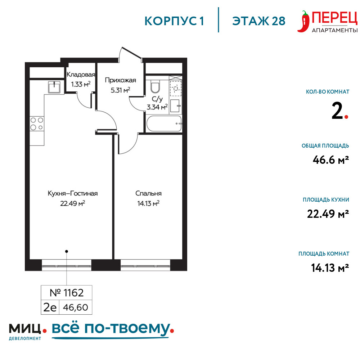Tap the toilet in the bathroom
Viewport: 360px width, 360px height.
[x=155, y=86]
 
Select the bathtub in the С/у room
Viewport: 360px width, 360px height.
[x=164, y=123]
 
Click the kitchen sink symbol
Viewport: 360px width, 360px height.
[x=54, y=87]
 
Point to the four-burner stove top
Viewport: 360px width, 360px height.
[x=37, y=123]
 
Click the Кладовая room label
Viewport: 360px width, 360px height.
[x=81, y=75]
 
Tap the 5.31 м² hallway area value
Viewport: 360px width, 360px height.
[x=120, y=90]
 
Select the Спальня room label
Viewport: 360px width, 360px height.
[x=148, y=193]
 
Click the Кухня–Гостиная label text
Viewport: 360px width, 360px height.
[x=73, y=193]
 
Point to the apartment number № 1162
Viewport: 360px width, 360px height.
[x=67, y=293]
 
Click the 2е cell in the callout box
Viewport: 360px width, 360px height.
[x=50, y=307]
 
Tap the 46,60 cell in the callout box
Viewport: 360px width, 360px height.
[x=76, y=307]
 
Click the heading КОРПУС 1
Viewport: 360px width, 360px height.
[x=174, y=21]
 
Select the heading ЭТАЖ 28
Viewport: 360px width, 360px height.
[x=259, y=21]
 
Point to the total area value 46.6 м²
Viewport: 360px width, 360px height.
[x=330, y=160]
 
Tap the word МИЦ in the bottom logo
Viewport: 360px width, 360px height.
[x=25, y=329]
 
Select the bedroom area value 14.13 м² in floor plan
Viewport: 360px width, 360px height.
[x=148, y=203]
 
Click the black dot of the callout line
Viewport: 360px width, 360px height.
[x=67, y=251]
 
